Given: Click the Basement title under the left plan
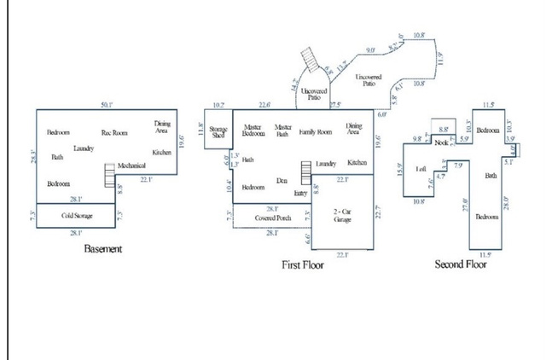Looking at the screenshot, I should [103, 249].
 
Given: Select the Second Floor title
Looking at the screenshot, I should [460, 264].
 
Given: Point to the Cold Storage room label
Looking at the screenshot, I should [77, 217].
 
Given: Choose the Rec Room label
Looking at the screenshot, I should [114, 132].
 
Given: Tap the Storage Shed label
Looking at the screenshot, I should [218, 132].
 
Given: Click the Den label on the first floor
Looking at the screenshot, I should [282, 181].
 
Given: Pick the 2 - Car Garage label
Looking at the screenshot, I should [343, 214].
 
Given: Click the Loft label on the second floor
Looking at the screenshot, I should [421, 169].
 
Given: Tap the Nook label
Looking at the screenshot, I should [441, 142].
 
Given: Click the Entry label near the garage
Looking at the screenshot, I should [300, 194].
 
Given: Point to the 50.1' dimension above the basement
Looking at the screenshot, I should [107, 104].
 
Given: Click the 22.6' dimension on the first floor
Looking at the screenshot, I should [264, 105].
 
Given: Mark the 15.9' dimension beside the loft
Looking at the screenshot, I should [401, 171].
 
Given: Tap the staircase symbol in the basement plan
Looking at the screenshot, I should [108, 176].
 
